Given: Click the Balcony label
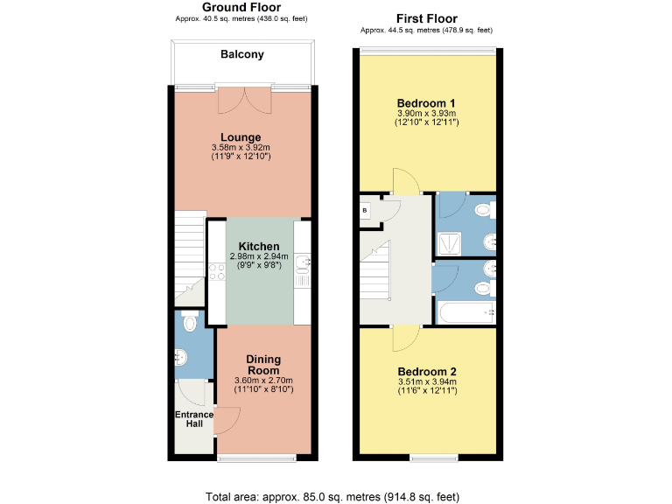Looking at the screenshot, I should (241, 54).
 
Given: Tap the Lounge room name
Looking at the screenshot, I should (241, 137).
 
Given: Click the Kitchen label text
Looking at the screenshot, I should (259, 246).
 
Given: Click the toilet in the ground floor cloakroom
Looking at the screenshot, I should (189, 322).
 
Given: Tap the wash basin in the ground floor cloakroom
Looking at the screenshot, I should (180, 357).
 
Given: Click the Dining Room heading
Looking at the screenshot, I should (263, 364).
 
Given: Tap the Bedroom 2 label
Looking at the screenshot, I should (426, 371).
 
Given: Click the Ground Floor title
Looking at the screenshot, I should (241, 7).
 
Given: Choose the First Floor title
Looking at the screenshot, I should (426, 18).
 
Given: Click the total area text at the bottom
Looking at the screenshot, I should (332, 497).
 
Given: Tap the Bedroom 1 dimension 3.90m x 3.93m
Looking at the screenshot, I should (426, 114).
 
